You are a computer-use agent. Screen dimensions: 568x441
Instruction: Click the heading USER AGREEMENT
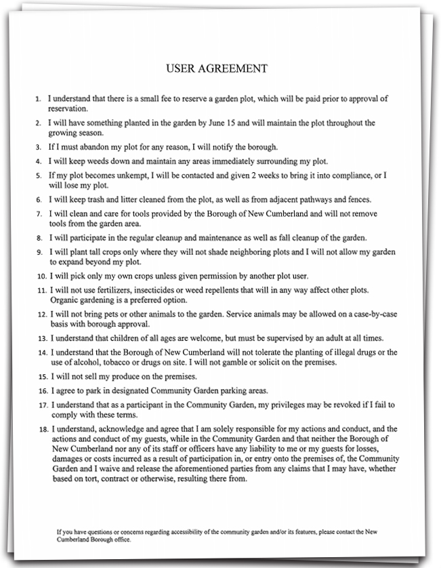click(x=217, y=68)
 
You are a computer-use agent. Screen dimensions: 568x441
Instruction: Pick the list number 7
click(x=38, y=214)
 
